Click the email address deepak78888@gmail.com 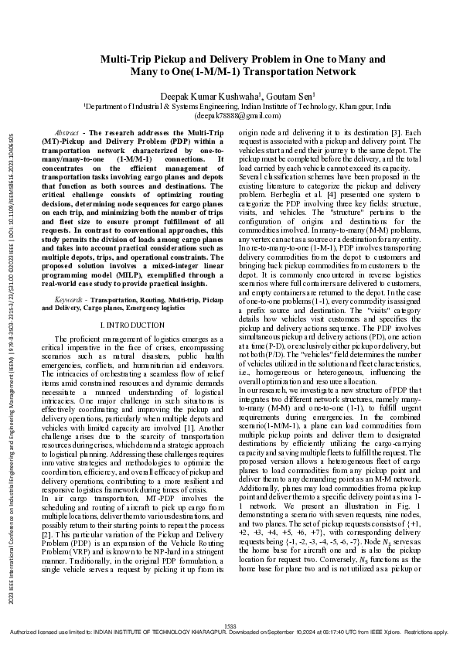click(230, 114)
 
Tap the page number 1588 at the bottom click(230, 624)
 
